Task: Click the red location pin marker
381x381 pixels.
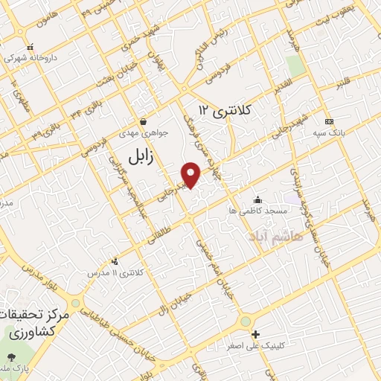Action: coord(192,174)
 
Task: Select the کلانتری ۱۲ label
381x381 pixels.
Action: coord(225,110)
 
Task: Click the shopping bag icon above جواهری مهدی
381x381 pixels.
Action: coord(142,121)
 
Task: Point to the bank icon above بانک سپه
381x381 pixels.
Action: coord(328,121)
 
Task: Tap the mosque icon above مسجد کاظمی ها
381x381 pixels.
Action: coord(257,199)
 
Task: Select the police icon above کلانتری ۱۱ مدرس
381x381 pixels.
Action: coord(115,261)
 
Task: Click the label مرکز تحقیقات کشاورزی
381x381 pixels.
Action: coord(37,324)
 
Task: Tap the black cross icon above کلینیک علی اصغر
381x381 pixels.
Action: coord(255,334)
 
